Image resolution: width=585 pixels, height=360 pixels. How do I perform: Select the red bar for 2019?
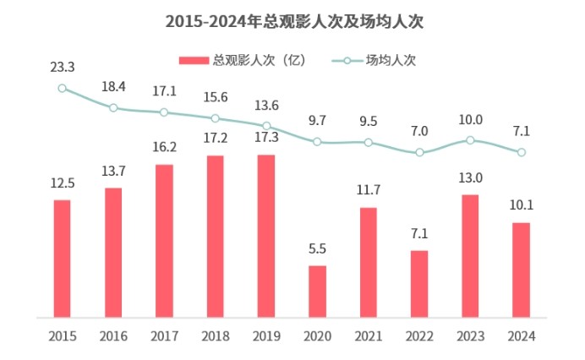[x=266, y=236]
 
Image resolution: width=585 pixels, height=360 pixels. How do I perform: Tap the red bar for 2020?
[x=317, y=292]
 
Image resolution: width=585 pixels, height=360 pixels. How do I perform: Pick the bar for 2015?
[x=62, y=259]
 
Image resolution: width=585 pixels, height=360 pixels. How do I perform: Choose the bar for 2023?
[x=470, y=256]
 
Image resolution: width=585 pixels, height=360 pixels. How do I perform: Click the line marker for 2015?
[x=62, y=88]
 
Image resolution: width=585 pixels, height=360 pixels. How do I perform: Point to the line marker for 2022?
[x=419, y=153]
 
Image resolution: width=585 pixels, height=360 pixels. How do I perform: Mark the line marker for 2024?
[x=522, y=152]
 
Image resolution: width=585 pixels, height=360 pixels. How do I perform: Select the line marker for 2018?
[x=216, y=118]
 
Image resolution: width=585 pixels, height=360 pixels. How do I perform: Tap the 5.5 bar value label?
[x=317, y=250]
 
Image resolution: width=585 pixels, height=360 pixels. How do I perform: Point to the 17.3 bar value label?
[x=266, y=139]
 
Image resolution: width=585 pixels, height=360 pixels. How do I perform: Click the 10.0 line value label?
[x=470, y=120]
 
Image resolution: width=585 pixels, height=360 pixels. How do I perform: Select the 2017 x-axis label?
[x=164, y=336]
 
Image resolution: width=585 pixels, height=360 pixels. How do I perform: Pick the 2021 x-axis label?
[x=368, y=336]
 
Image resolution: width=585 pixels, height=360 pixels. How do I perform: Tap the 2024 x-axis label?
[x=522, y=336]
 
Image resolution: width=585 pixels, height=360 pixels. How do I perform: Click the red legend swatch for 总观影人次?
[x=194, y=60]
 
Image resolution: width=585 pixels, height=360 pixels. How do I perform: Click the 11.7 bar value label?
[x=368, y=192]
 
